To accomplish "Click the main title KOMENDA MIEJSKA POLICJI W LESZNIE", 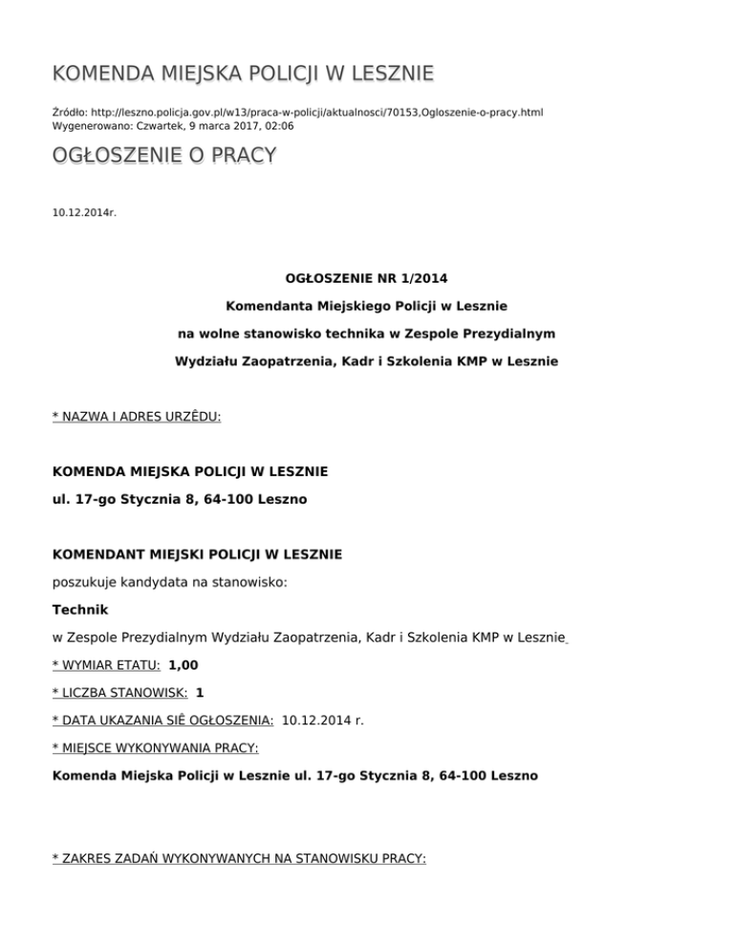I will (243, 74).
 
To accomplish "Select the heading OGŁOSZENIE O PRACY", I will (164, 155).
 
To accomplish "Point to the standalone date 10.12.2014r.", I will (84, 211).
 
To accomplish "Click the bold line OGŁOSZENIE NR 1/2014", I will (366, 279).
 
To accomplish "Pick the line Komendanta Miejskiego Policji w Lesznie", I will (366, 307).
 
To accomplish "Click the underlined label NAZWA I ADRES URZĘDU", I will (137, 417).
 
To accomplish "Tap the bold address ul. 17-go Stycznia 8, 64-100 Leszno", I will (180, 499).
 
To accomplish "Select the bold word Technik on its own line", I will (80, 609).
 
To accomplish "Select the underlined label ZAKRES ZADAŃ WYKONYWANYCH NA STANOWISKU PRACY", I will (239, 859).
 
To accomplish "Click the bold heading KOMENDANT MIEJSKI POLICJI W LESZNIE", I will (197, 554).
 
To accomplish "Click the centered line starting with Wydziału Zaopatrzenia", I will (366, 361).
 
